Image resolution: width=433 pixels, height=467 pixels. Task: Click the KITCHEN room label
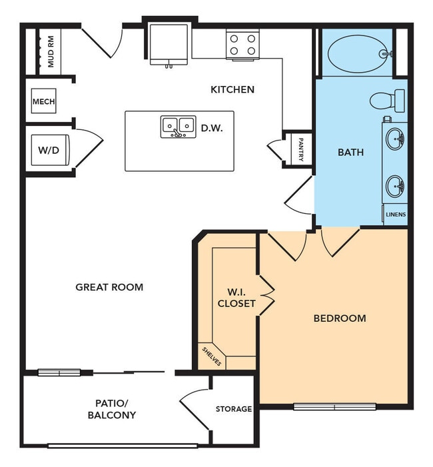coord(232,89)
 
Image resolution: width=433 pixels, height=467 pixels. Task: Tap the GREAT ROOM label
coord(109,287)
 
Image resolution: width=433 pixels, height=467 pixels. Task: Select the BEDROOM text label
coord(339,318)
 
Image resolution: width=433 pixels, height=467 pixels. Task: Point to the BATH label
coord(350,152)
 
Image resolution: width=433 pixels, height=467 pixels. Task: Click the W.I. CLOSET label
coord(236,298)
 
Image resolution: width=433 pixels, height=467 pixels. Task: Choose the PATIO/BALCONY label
coord(111,409)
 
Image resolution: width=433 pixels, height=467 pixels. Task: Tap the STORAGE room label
coord(233,409)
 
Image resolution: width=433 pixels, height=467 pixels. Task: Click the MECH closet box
coord(44,102)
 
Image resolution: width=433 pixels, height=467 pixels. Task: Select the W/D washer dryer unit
coord(48,151)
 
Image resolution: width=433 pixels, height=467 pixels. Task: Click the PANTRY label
coord(300,150)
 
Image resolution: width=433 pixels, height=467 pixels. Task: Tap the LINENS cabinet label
coord(395,215)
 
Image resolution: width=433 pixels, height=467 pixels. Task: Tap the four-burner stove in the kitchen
coord(242,45)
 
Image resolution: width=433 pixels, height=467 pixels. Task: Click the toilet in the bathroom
coord(388,101)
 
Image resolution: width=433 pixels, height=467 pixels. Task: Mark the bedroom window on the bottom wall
coord(334,406)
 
